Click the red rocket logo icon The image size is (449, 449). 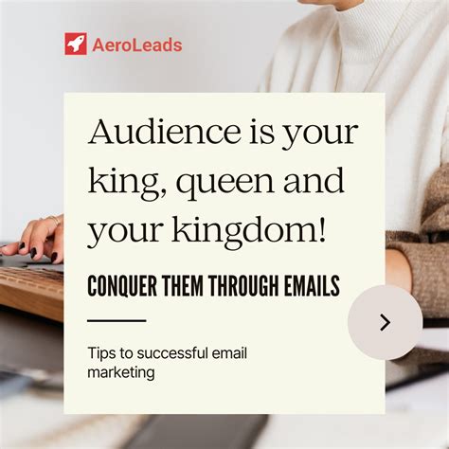point(76,44)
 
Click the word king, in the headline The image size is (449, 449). point(122,180)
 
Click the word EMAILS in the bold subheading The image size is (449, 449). point(306,283)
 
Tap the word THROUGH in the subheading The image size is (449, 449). point(240,283)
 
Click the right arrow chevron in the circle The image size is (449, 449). point(385,322)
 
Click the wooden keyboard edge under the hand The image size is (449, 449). point(28,294)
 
